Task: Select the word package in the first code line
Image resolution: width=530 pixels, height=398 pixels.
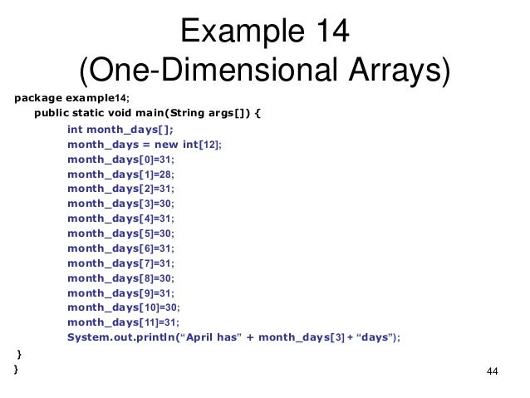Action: click(39, 97)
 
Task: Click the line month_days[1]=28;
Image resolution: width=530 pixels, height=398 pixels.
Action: click(121, 173)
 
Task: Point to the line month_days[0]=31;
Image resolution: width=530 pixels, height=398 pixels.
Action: click(121, 158)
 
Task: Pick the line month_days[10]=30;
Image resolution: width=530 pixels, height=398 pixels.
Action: click(124, 307)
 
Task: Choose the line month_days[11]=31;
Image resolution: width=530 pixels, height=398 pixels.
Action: click(124, 322)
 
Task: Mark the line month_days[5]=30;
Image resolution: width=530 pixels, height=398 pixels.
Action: click(121, 233)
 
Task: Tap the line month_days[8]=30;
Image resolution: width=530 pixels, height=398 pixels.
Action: click(121, 278)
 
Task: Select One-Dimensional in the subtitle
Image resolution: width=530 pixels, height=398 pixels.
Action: click(192, 71)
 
